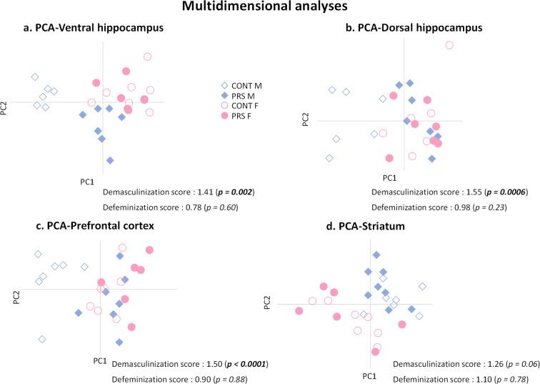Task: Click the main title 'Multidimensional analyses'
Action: click(x=270, y=8)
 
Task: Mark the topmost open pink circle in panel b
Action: click(x=449, y=45)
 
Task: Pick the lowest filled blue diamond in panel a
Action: click(x=109, y=160)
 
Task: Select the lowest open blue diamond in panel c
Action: click(x=42, y=339)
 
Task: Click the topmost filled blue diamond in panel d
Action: click(x=376, y=255)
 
